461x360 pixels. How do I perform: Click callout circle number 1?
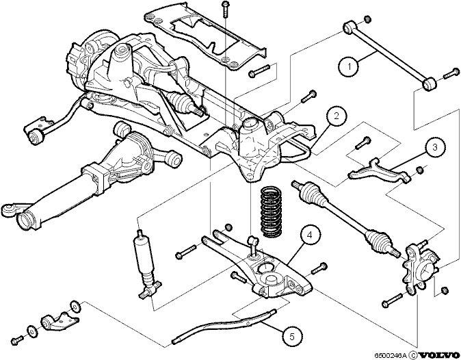pyautogui.click(x=350, y=67)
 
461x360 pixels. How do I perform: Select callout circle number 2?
pyautogui.click(x=337, y=116)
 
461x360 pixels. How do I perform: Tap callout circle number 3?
pyautogui.click(x=434, y=147)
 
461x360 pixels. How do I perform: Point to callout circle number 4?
pyautogui.click(x=308, y=235)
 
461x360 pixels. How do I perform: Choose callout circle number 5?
pyautogui.click(x=291, y=336)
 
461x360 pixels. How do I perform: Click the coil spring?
pyautogui.click(x=272, y=211)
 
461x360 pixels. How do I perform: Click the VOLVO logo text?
pyautogui.click(x=439, y=355)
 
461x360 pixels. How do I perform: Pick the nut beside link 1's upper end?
pyautogui.click(x=367, y=19)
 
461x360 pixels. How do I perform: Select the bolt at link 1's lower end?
pyautogui.click(x=451, y=73)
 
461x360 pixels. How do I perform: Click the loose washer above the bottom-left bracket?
pyautogui.click(x=75, y=307)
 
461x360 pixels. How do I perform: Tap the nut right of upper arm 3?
pyautogui.click(x=420, y=170)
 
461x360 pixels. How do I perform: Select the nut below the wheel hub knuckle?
pyautogui.click(x=445, y=290)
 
